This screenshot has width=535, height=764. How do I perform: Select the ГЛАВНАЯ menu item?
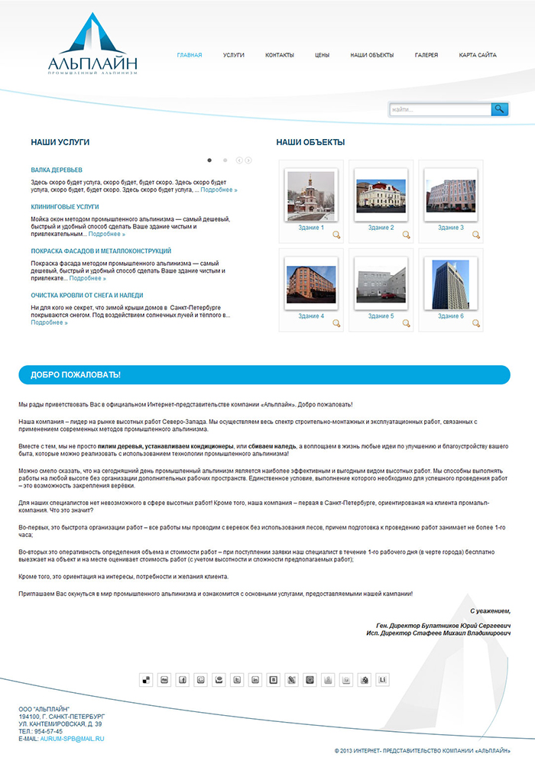[x=190, y=56]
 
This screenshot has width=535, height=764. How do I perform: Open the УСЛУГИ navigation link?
[x=234, y=56]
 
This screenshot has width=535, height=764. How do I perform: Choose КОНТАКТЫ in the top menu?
[x=280, y=56]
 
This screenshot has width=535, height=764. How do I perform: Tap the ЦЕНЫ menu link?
[x=322, y=56]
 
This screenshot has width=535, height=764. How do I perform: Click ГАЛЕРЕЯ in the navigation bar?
[x=426, y=56]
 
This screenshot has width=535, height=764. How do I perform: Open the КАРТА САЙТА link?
[x=478, y=56]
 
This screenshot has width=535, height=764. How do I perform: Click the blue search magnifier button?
[x=500, y=109]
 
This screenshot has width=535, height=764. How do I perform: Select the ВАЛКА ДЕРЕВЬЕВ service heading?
[x=57, y=170]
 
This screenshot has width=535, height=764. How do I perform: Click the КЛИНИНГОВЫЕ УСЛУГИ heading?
[x=65, y=206]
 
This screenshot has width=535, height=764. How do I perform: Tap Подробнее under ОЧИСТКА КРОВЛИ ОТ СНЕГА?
[x=49, y=322]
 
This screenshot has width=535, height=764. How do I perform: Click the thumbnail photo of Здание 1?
[x=310, y=192]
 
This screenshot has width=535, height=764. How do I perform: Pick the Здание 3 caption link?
[x=450, y=228]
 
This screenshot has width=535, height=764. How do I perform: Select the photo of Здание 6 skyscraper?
[x=450, y=284]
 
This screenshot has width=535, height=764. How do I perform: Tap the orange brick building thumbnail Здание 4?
[x=310, y=284]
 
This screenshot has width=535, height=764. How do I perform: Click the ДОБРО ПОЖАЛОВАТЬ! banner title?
[x=76, y=375]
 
